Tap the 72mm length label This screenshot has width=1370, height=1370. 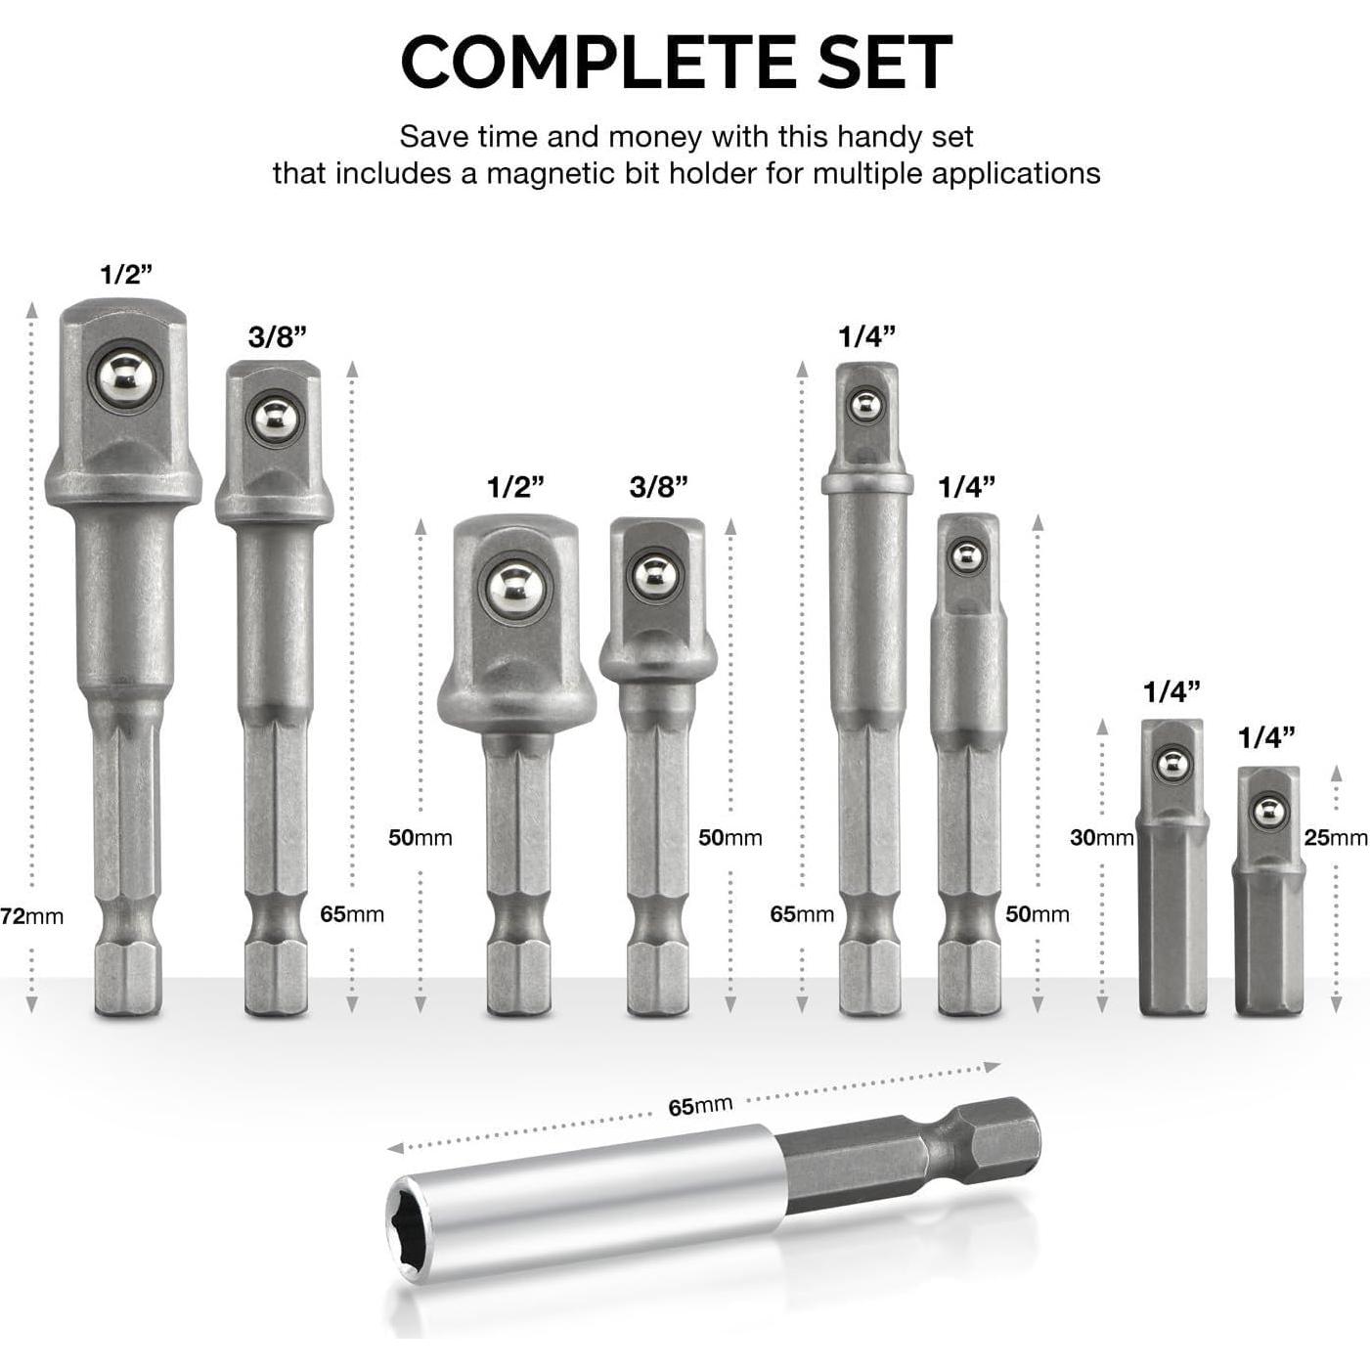pyautogui.click(x=32, y=916)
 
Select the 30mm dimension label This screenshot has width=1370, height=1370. pyautogui.click(x=1101, y=837)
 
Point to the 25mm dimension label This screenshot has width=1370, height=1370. pyautogui.click(x=1335, y=837)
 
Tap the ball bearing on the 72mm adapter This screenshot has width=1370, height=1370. pyautogui.click(x=125, y=378)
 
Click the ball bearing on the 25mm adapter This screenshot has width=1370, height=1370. pyautogui.click(x=1269, y=812)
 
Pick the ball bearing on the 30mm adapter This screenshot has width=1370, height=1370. pyautogui.click(x=1172, y=765)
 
